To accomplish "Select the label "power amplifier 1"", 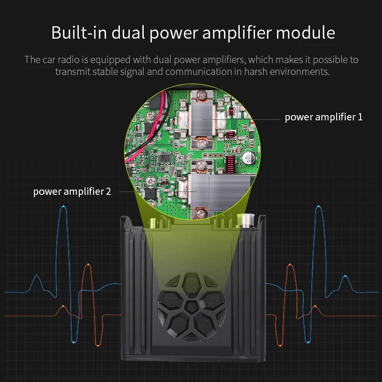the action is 323,117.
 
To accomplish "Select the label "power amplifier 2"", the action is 72,191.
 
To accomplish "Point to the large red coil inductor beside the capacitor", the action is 231,165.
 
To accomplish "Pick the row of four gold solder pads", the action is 210,156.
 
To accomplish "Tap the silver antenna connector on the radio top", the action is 244,220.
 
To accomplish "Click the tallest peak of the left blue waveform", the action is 63,207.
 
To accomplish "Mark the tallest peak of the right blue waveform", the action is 318,207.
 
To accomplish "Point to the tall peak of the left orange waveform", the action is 87,265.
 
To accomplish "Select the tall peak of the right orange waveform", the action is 290,265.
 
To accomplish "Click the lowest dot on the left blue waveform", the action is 73,342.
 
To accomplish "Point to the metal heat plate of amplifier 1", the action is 202,117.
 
